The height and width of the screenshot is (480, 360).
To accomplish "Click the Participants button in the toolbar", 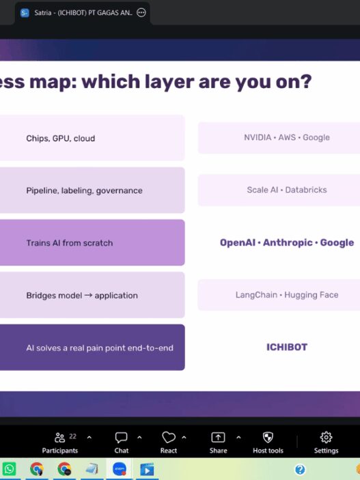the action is pos(59,443).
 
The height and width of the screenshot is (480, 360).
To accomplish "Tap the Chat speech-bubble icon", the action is pos(122,438).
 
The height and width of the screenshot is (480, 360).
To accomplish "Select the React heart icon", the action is pos(168,438).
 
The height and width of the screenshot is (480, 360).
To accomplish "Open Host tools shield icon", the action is pos(268,438).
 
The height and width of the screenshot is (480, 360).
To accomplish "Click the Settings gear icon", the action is pos(326,438).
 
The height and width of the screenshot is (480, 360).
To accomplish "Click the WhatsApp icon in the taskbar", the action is pos(9,469).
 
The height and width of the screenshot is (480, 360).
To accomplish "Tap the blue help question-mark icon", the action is pos(300,469).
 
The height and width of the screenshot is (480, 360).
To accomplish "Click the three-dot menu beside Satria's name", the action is pos(141,12).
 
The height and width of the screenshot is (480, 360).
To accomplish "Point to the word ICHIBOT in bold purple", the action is pos(287,347).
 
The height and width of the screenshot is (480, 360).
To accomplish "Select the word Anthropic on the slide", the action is pos(288,243).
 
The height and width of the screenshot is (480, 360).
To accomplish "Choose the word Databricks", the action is pos(306,190).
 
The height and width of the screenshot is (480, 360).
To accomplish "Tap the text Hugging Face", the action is pos(311,295).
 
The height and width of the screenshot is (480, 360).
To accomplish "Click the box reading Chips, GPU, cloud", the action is pos(92,138).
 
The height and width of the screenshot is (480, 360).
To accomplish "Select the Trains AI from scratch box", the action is pos(92,243).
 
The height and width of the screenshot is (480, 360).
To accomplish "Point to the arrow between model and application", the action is pos(88,296).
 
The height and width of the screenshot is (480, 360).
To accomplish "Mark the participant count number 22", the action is pos(72,436).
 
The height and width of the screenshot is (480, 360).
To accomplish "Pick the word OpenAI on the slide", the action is pos(238,243).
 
